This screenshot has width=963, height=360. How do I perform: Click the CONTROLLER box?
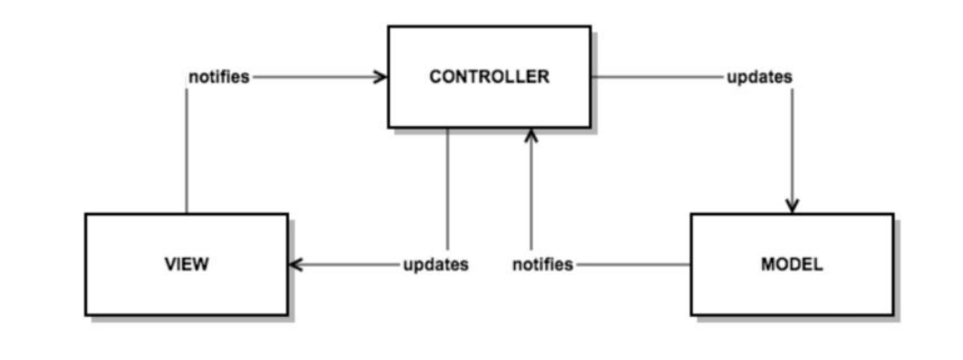click(x=488, y=76)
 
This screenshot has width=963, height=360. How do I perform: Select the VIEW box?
click(x=186, y=264)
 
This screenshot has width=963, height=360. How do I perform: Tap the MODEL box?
click(x=791, y=264)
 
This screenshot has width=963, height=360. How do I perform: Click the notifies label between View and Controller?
click(x=218, y=77)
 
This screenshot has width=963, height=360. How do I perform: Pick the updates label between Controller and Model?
click(x=759, y=77)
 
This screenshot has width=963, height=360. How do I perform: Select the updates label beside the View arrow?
click(x=436, y=264)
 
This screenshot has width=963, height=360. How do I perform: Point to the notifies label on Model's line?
click(x=543, y=264)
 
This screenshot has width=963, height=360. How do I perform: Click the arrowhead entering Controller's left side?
click(x=380, y=77)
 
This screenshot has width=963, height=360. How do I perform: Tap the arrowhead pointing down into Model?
click(x=792, y=205)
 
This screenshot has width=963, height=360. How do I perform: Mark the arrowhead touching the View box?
click(x=296, y=264)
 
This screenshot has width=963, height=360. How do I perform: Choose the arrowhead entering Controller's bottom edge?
click(x=531, y=136)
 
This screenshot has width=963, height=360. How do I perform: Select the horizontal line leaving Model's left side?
click(x=633, y=264)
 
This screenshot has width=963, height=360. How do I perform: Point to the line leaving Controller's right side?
click(x=656, y=77)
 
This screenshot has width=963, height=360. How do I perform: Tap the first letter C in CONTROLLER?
click(x=434, y=77)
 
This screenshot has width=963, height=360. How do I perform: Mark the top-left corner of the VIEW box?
click(x=85, y=214)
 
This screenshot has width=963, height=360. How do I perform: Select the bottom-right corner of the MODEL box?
click(x=893, y=315)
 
